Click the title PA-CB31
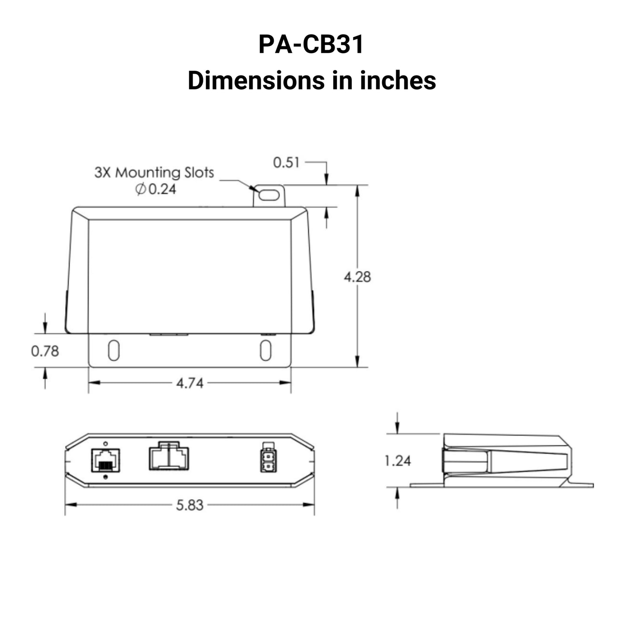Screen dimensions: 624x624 [x=311, y=44]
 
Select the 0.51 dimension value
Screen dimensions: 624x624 [x=286, y=163]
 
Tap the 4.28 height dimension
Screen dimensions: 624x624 [x=357, y=277]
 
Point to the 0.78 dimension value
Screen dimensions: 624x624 [x=45, y=351]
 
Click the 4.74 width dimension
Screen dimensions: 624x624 [x=190, y=383]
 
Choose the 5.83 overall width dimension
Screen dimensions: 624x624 [x=190, y=505]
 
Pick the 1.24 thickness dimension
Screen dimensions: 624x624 [x=398, y=461]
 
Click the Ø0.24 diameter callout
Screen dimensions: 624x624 [x=156, y=189]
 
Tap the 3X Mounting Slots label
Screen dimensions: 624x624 [x=154, y=173]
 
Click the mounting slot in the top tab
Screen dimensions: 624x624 [x=269, y=196]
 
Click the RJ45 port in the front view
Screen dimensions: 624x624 [x=106, y=460]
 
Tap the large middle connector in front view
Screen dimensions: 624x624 [x=168, y=457]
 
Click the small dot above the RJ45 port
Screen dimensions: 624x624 [x=106, y=443]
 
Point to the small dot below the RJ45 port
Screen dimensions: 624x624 [x=106, y=477]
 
